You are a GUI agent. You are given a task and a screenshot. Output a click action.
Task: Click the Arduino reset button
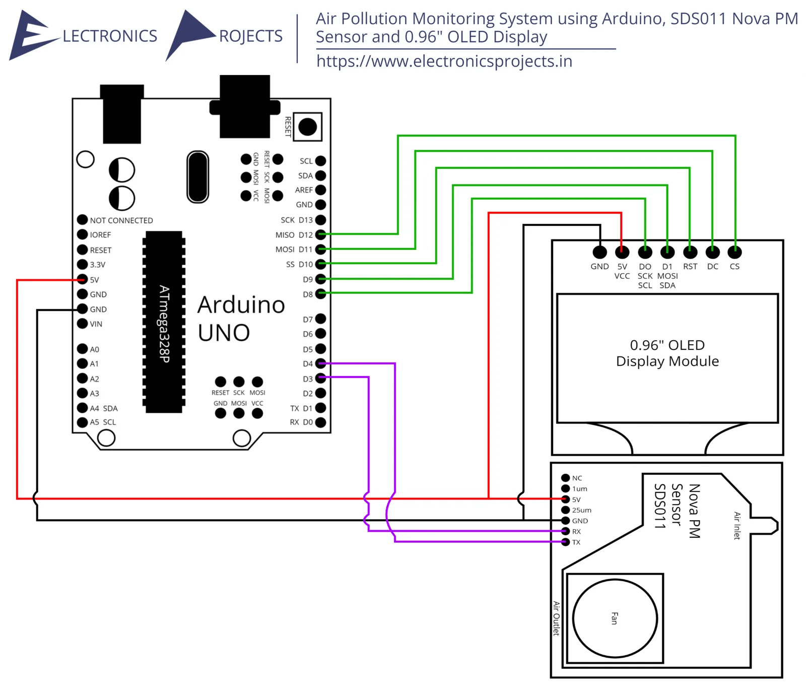[307, 127]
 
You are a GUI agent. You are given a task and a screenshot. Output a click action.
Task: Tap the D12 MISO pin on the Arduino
[320, 234]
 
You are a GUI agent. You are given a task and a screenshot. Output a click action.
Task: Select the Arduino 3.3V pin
[82, 264]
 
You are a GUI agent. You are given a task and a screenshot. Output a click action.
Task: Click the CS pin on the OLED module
[734, 252]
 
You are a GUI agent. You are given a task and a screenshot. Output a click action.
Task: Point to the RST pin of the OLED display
[690, 252]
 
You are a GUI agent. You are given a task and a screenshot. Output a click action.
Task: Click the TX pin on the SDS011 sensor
[565, 542]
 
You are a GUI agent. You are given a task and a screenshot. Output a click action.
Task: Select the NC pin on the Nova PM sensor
[565, 477]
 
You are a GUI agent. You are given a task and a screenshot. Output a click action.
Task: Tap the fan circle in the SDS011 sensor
[615, 618]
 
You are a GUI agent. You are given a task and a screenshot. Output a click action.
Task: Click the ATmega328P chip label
[164, 323]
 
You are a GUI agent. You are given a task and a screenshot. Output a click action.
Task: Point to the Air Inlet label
[737, 525]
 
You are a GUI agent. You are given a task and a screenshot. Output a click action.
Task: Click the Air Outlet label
[556, 618]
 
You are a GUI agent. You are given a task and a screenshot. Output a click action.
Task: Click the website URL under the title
[444, 61]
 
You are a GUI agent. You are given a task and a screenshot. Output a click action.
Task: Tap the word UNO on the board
[224, 333]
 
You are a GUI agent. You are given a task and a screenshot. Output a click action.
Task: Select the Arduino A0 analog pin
[82, 348]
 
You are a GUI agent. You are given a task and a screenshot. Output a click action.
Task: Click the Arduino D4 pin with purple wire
[320, 363]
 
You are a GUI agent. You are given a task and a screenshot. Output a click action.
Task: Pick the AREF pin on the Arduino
[320, 190]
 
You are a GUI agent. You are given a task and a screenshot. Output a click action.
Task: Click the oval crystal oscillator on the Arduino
[197, 176]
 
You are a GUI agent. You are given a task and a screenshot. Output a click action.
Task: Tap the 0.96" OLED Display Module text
[667, 353]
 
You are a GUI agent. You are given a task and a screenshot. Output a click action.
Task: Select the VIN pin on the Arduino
[82, 323]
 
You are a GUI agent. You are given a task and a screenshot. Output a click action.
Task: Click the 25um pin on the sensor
[565, 510]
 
